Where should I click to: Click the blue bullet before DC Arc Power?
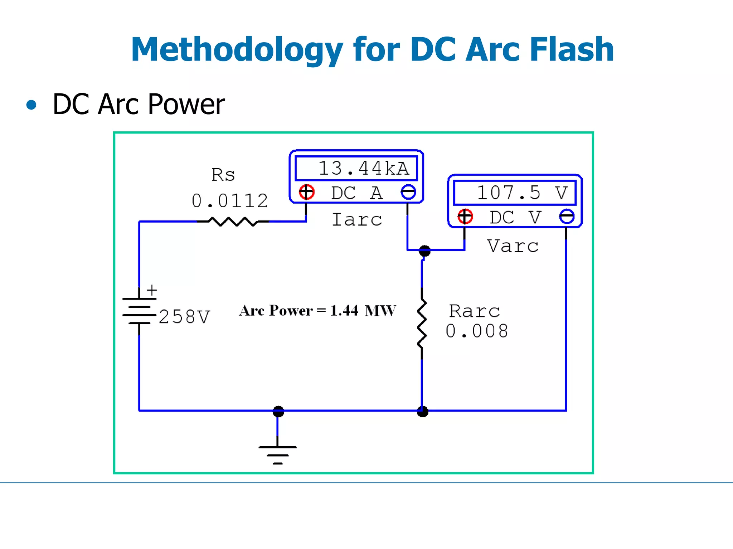pos(31,105)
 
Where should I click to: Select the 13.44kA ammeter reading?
pos(363,168)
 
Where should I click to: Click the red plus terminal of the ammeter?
pos(307,192)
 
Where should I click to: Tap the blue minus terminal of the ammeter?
pos(408,192)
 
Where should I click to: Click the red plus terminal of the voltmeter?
pos(465,217)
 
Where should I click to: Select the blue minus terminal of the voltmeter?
pos(567,217)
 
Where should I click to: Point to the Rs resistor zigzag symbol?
pos(233,222)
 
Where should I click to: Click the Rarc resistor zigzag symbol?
pos(422,323)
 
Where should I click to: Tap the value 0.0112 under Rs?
pos(230,201)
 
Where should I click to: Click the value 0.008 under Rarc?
pos(477,331)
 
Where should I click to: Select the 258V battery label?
pos(184,317)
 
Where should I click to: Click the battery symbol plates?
pos(139,311)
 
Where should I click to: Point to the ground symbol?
pos(278,455)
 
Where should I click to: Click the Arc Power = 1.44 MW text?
pos(317,311)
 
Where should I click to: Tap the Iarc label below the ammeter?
pos(357,219)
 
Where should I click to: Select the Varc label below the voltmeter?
pos(513,246)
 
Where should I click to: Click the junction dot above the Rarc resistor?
pos(424,251)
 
